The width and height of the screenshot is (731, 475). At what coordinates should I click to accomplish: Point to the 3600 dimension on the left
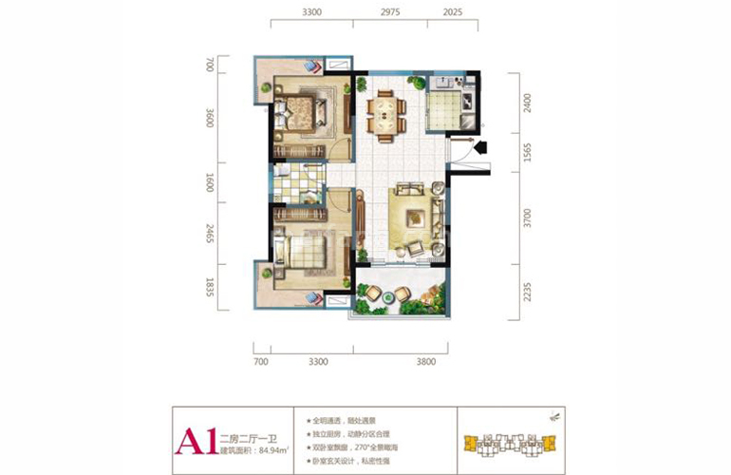click(210, 119)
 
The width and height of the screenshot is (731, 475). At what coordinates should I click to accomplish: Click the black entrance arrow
click(479, 146)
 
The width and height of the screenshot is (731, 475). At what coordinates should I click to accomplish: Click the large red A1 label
click(194, 441)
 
